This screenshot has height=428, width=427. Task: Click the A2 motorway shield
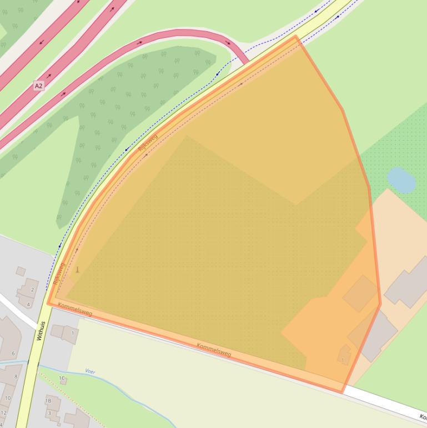pos(38,86)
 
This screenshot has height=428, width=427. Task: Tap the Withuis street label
pos(39,331)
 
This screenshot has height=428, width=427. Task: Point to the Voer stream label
pos(90,371)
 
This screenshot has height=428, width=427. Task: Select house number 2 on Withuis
pos(32,290)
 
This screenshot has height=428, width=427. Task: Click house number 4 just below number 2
pos(28,305)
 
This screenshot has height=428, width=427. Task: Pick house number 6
pos(13,354)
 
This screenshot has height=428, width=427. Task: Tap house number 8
pos(16,377)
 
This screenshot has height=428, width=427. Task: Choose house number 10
pos(8,398)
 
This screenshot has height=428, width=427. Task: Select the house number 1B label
pos(48,400)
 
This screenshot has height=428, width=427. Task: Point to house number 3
pos(49,413)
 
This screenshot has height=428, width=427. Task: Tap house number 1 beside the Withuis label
pos(72,334)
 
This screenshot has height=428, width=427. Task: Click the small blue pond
pos(400,180)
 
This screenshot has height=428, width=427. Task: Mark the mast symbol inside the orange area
pos(77,270)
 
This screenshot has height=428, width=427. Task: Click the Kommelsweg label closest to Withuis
pos(74,310)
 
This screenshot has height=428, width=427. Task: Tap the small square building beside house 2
pos(21,271)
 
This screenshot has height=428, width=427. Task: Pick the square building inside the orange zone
pos(360,293)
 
